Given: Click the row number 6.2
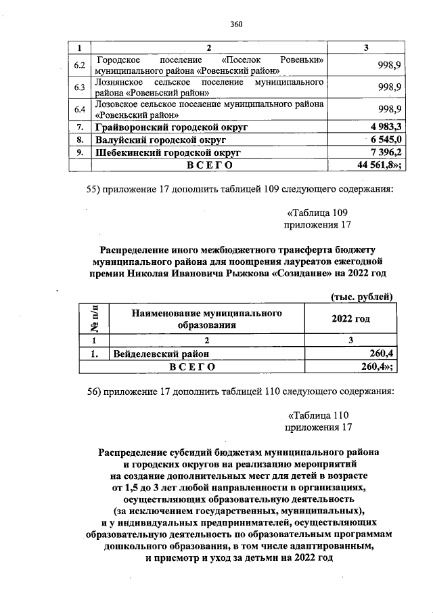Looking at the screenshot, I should click(x=79, y=65).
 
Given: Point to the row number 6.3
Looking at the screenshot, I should click(x=79, y=87).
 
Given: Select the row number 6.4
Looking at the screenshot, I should click(x=79, y=109).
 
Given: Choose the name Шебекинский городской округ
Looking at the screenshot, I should click(x=168, y=153).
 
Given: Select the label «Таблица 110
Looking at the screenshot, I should click(x=318, y=415).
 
